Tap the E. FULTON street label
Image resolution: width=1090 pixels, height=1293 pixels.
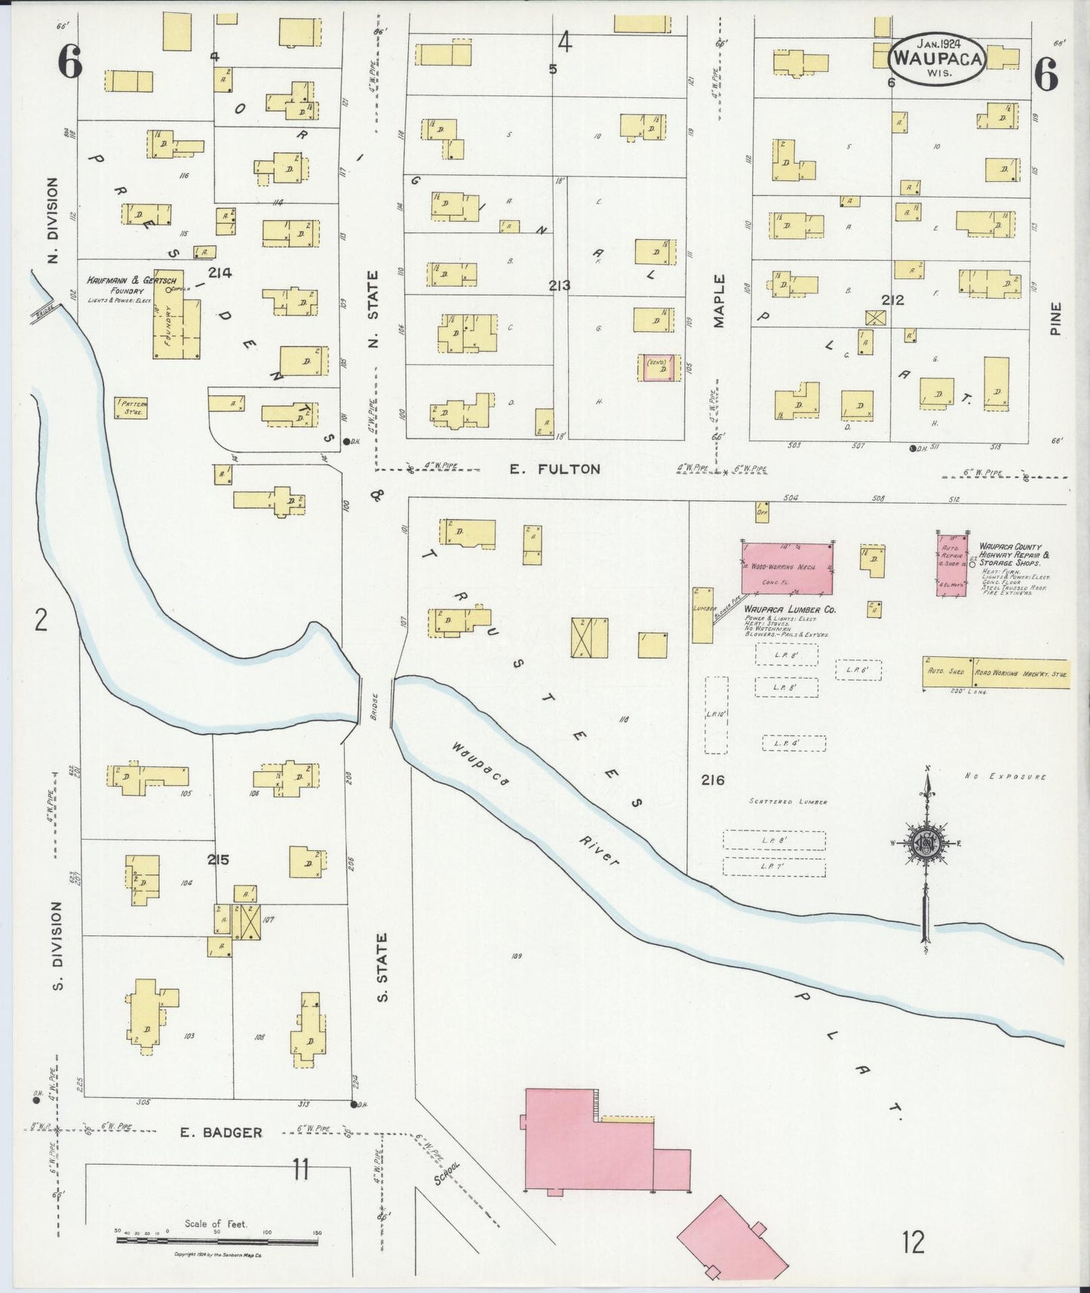point(554,469)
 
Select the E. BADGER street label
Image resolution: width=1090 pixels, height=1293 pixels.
point(221,1132)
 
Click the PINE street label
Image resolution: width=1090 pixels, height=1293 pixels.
point(1055,318)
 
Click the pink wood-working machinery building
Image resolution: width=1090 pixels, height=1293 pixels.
point(788,567)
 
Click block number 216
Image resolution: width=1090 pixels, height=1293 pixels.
point(712,780)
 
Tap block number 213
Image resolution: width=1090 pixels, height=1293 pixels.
point(560,285)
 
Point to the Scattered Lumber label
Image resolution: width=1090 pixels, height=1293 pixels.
point(788,801)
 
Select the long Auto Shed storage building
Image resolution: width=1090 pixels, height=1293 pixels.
point(996,672)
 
